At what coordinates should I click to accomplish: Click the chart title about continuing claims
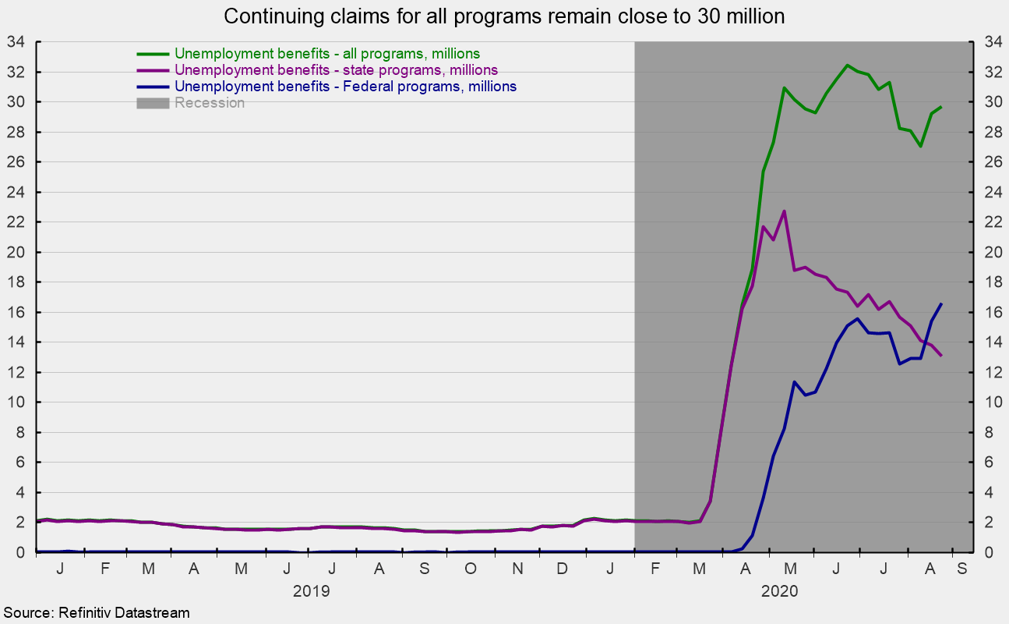[x=504, y=16]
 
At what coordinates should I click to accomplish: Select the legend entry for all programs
[x=327, y=54]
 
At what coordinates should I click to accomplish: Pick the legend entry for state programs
[x=336, y=70]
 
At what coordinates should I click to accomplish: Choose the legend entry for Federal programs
[x=345, y=87]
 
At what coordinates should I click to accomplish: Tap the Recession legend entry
[x=210, y=103]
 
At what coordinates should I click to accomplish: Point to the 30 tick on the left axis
[x=15, y=102]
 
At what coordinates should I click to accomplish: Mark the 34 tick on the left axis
[x=15, y=42]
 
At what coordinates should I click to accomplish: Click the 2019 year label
[x=312, y=590]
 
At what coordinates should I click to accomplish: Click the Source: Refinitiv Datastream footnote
[x=96, y=614]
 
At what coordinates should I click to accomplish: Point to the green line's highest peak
[x=848, y=66]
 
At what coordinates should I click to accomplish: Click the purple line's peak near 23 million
[x=784, y=211]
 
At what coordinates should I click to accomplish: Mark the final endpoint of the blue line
[x=941, y=303]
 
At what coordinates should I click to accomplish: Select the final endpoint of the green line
[x=941, y=107]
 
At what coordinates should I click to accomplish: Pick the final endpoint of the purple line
[x=941, y=356]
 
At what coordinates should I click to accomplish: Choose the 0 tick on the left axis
[x=19, y=552]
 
